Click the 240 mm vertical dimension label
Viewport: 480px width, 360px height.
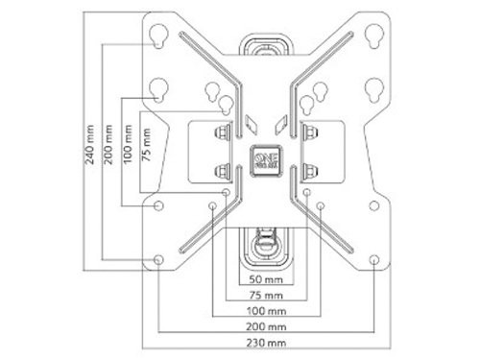point(90,145)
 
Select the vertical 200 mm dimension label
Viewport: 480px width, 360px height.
point(108,145)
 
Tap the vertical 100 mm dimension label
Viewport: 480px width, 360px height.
point(128,145)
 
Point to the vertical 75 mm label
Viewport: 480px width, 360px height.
point(146,145)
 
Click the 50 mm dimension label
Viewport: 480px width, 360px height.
point(266,279)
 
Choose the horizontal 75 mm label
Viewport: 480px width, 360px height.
point(266,295)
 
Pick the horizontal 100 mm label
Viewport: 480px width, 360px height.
point(266,311)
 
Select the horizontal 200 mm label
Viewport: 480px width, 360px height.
point(266,326)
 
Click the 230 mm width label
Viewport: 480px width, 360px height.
point(266,343)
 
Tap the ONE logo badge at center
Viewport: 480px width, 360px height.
point(267,160)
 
